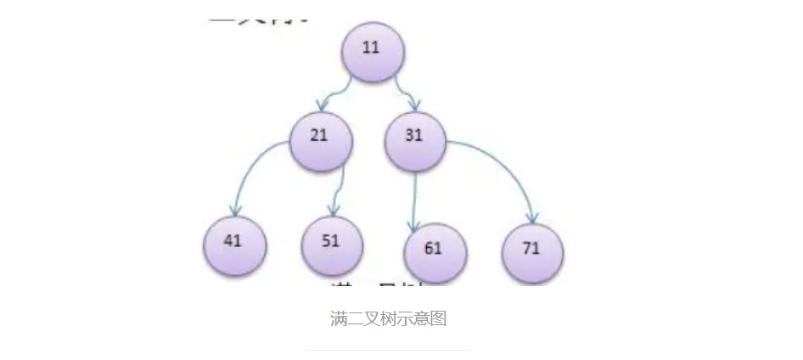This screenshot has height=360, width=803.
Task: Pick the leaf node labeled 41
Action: (234, 244)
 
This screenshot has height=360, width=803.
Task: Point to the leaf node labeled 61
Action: (435, 252)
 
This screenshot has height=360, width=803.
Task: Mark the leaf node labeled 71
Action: (532, 251)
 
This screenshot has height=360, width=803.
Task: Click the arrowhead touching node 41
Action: (237, 210)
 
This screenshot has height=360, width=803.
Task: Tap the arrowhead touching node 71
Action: (533, 217)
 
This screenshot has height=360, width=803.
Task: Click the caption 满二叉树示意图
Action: (388, 319)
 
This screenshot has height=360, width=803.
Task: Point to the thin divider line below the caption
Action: (388, 350)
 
